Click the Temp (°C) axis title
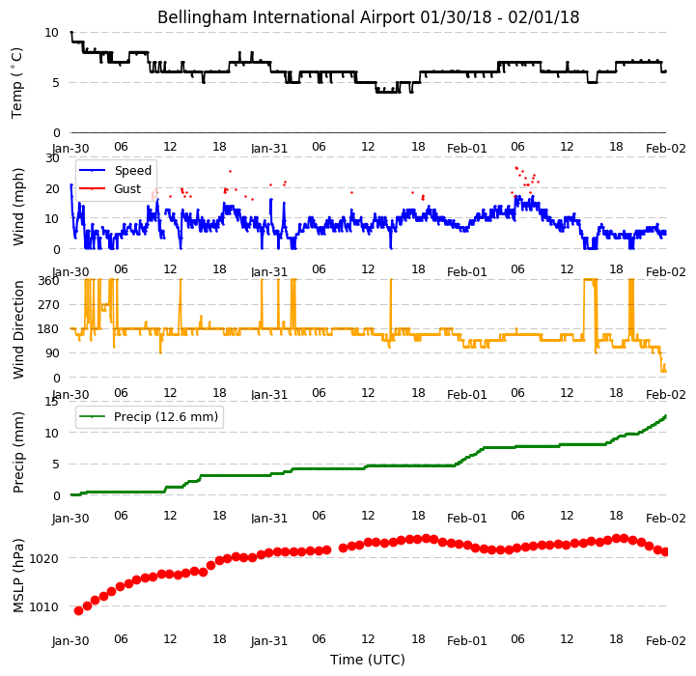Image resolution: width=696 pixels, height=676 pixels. (16, 83)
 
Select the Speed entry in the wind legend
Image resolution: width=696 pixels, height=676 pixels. (116, 171)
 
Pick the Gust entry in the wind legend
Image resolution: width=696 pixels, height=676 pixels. (110, 189)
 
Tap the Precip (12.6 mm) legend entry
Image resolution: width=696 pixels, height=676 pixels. (149, 416)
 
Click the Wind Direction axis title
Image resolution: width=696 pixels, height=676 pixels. (18, 329)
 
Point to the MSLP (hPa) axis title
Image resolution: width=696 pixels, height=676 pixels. (18, 576)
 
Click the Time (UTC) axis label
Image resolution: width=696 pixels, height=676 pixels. (368, 660)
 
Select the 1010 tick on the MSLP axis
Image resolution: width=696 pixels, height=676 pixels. (44, 606)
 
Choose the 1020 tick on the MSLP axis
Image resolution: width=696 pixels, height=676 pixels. (44, 558)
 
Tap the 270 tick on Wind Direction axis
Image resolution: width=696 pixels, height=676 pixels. (49, 305)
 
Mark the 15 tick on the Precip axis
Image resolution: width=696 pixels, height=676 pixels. (52, 402)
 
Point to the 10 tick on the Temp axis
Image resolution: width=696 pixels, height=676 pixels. (51, 33)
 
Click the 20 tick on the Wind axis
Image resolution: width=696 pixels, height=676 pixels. (52, 188)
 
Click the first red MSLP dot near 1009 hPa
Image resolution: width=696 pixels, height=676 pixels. (78, 610)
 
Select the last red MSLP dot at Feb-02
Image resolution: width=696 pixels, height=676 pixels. (665, 552)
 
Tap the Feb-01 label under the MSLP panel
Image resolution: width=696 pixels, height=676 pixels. (467, 641)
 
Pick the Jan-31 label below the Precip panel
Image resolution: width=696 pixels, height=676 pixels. (269, 518)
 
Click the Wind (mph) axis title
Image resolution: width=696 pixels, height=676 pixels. (18, 207)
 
